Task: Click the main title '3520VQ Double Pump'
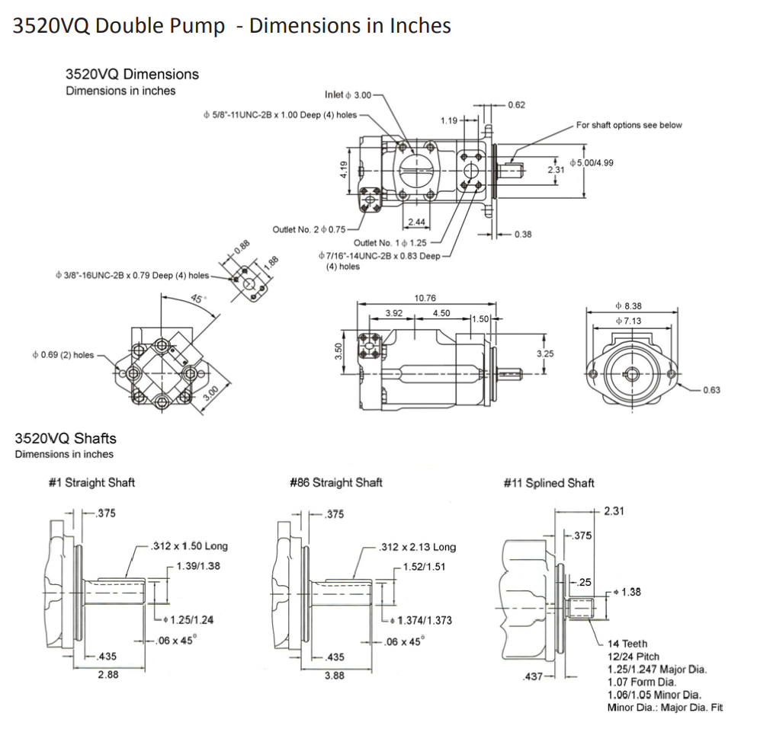[118, 26]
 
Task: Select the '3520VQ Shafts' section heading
[66, 438]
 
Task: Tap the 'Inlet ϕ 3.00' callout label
[348, 94]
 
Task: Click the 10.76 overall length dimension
[425, 298]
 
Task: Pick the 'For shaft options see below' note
[629, 125]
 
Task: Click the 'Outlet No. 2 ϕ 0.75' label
[309, 229]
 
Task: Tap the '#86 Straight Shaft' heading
[336, 482]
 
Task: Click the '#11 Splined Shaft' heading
[549, 482]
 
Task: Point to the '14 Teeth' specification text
[627, 644]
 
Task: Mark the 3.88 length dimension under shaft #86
[334, 675]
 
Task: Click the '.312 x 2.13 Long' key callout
[419, 546]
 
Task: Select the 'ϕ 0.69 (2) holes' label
[63, 355]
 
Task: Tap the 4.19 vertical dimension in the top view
[345, 169]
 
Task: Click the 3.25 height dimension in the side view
[545, 353]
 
